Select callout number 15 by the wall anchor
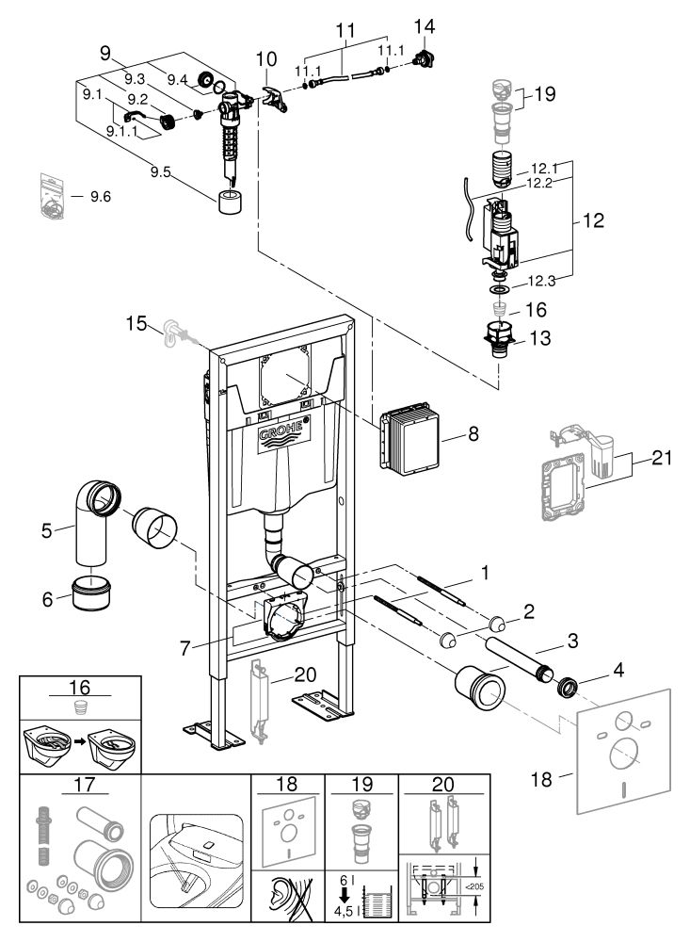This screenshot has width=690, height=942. click(x=135, y=326)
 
